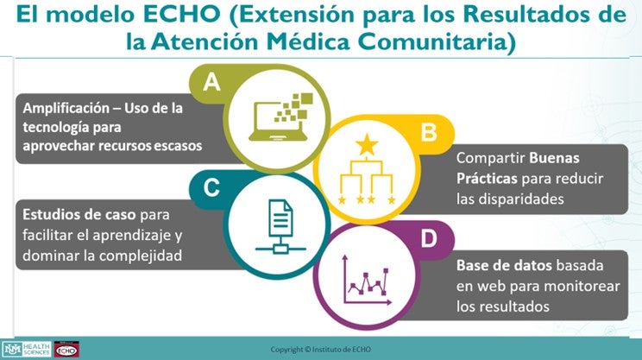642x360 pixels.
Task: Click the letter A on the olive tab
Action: (211, 83)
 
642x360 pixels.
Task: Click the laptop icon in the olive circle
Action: (279, 116)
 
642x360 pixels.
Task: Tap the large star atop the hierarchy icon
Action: (368, 143)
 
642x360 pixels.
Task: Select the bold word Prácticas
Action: (486, 177)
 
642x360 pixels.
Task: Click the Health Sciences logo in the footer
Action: (26, 349)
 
